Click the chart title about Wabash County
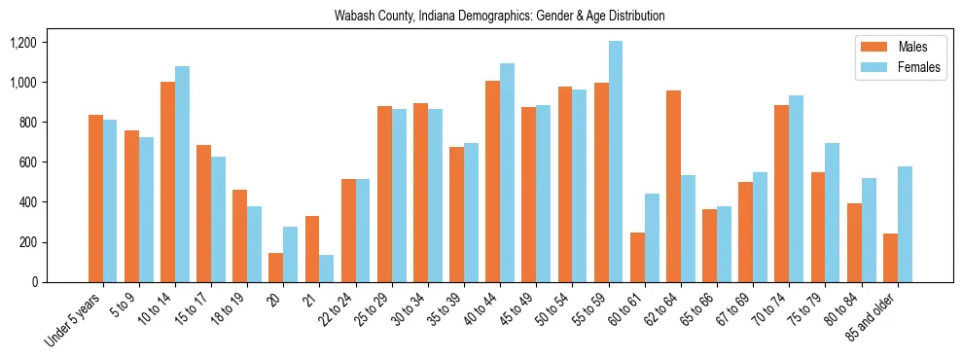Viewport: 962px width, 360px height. pyautogui.click(x=499, y=16)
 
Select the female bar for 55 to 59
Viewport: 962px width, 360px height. pyautogui.click(x=616, y=162)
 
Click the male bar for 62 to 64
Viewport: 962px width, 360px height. pyautogui.click(x=673, y=186)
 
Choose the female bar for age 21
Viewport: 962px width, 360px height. pyautogui.click(x=327, y=269)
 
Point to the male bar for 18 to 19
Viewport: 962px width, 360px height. pyautogui.click(x=239, y=235)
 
